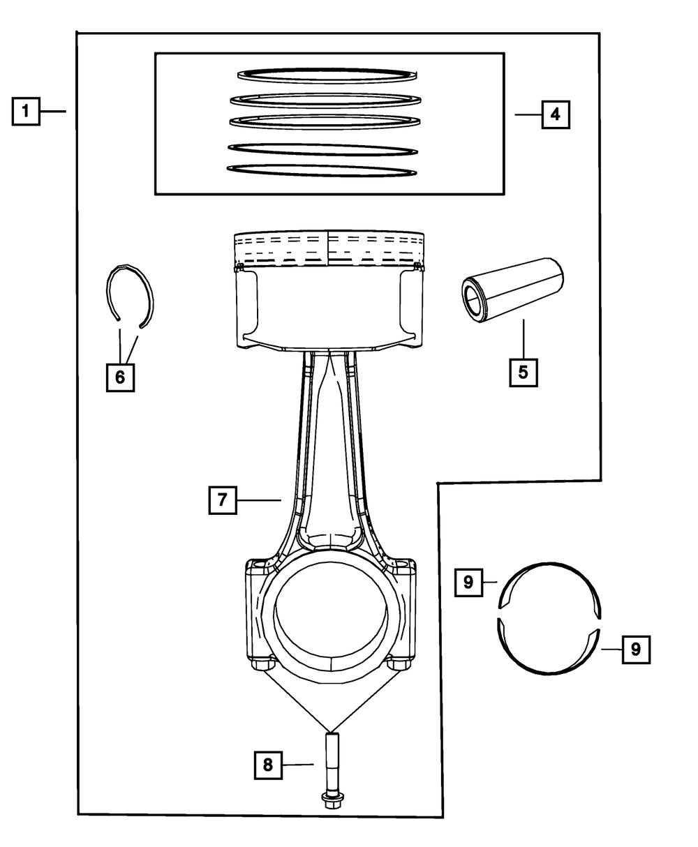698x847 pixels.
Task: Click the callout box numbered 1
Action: (26, 111)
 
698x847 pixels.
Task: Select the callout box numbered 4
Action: (555, 114)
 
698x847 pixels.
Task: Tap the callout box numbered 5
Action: (523, 371)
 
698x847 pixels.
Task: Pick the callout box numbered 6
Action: (119, 377)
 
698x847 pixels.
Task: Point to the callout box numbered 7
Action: (223, 500)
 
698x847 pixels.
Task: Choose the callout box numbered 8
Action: (267, 765)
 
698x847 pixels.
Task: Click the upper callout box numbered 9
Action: (468, 582)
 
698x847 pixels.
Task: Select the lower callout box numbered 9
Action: (635, 650)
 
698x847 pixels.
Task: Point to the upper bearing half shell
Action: (549, 572)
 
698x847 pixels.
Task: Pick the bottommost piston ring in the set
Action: (322, 171)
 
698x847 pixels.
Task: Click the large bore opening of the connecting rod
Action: (330, 607)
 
